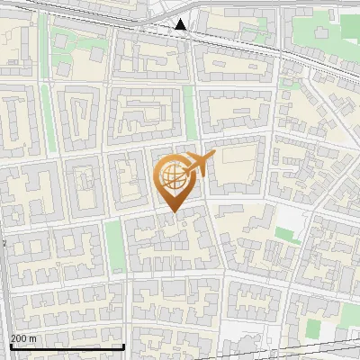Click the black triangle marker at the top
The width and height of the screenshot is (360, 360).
182,24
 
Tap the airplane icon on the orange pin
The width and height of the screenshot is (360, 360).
199,164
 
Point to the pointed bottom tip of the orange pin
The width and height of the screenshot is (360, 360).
174,212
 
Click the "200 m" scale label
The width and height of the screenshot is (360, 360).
24,337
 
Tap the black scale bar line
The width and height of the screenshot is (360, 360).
67,346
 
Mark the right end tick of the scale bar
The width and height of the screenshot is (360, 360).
124,346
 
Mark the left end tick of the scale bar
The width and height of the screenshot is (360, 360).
11,346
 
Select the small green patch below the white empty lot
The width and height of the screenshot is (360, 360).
288,236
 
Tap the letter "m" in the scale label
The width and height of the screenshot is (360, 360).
32,337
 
